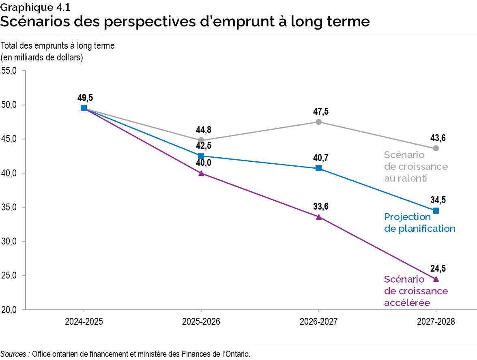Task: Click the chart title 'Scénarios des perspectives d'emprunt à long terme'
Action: coord(185,21)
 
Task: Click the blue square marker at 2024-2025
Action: coord(84,108)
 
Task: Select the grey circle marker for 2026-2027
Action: coord(318,122)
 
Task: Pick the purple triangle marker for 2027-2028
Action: coord(436,279)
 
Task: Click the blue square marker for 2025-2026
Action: coord(201,156)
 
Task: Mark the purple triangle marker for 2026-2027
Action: coord(318,217)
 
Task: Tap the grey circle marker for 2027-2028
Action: coord(436,148)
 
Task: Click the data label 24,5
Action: coord(438,268)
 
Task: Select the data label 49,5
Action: coord(86,98)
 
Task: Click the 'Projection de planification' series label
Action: coord(419,223)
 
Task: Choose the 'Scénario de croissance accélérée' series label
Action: coord(415,291)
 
